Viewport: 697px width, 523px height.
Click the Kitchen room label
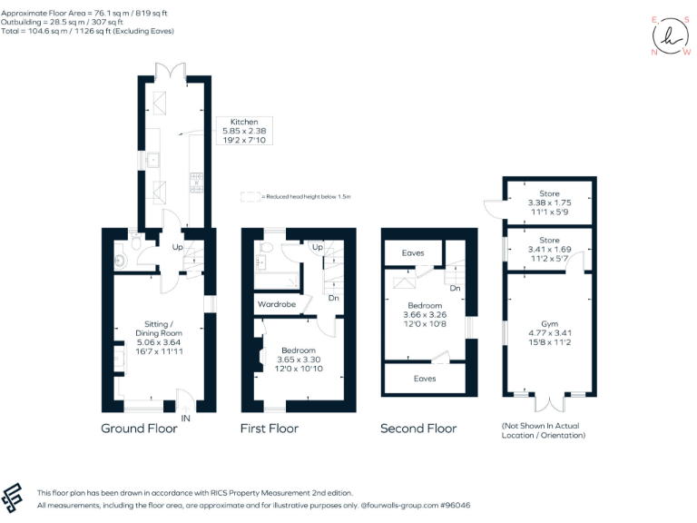click(x=244, y=122)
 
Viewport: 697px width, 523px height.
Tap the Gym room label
click(x=549, y=322)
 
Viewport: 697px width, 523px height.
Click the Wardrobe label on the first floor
click(x=277, y=304)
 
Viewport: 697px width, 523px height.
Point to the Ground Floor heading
click(x=139, y=429)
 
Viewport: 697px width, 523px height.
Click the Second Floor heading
click(x=417, y=429)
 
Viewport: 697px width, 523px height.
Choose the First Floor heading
click(x=269, y=429)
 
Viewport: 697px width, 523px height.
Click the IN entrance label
click(x=185, y=418)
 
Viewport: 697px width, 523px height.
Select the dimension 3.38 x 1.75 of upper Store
click(x=549, y=202)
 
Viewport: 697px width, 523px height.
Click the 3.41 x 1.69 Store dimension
click(x=549, y=252)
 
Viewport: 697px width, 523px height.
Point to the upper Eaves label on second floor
click(x=414, y=253)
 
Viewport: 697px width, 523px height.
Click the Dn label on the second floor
click(x=455, y=289)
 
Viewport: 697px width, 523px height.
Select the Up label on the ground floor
click(x=178, y=246)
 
